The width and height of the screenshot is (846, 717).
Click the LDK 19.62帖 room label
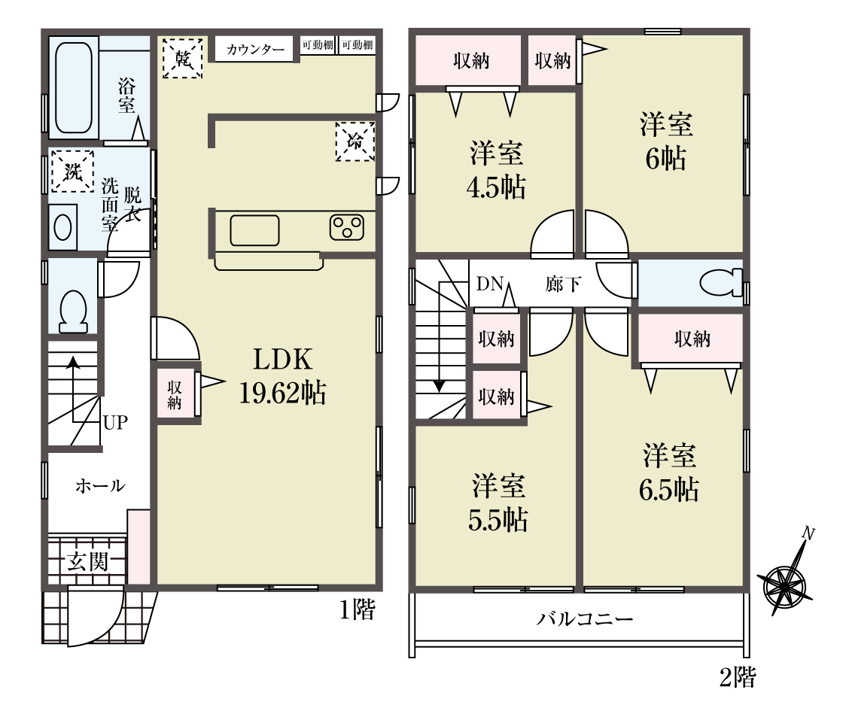[x=282, y=376]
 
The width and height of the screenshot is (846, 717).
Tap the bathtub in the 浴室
[x=73, y=87]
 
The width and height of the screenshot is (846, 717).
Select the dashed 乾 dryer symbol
[x=183, y=58]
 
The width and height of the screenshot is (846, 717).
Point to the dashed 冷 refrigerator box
[x=355, y=141]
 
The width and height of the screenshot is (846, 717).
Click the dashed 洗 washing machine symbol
[x=72, y=172]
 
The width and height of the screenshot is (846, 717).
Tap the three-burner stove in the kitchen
[x=347, y=227]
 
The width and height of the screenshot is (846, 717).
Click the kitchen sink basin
[x=254, y=230]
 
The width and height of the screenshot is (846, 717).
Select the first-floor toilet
[x=73, y=311]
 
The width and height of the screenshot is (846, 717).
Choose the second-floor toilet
[x=721, y=283]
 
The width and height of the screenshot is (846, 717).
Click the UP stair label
[x=115, y=422]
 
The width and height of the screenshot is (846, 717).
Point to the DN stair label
[x=490, y=284]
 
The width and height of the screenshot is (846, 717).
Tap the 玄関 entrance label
[x=88, y=561]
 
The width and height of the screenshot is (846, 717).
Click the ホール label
[x=100, y=486]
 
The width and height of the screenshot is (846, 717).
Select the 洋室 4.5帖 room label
[x=496, y=170]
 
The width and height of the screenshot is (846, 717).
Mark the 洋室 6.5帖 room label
[x=669, y=472]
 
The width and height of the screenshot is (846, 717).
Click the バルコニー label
[x=584, y=618]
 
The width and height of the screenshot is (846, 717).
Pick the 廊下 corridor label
[x=563, y=284]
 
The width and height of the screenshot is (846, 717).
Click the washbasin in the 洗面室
[x=63, y=226]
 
